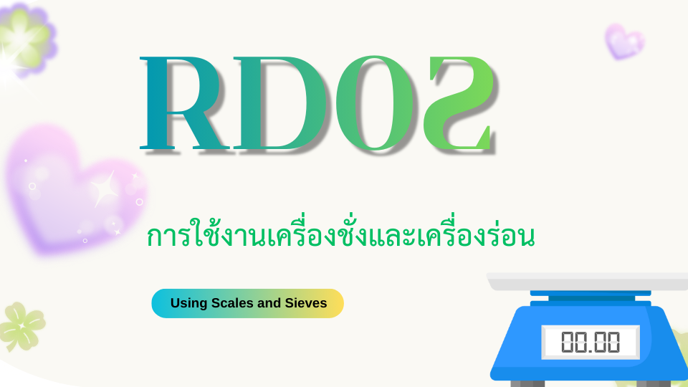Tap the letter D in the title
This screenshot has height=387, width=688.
pyautogui.click(x=281, y=103)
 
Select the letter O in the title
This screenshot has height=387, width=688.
pyautogui.click(x=375, y=103)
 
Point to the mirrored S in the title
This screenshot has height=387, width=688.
pyautogui.click(x=459, y=103)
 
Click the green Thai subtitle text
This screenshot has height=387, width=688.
pyautogui.click(x=340, y=235)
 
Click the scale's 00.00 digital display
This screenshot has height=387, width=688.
pyautogui.click(x=591, y=343)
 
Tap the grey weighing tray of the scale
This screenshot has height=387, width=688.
pyautogui.click(x=587, y=281)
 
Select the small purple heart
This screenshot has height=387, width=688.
pyautogui.click(x=624, y=42)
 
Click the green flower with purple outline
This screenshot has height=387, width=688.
pyautogui.click(x=27, y=39)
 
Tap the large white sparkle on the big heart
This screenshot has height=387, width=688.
pyautogui.click(x=105, y=189)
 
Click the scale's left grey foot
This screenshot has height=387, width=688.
pyautogui.click(x=527, y=383)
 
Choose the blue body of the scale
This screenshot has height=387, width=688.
pyautogui.click(x=588, y=343)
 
